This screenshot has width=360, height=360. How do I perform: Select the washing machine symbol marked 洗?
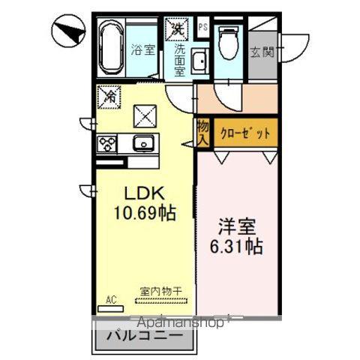[x=177, y=28]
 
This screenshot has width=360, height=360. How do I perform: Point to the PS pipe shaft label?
[x=202, y=27]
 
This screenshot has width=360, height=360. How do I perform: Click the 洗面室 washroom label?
[x=180, y=60]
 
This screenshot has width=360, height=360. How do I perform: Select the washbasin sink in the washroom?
[x=200, y=61]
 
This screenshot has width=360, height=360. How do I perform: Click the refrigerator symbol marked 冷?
[x=109, y=95]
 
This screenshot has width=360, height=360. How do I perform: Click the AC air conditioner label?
[x=110, y=298]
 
